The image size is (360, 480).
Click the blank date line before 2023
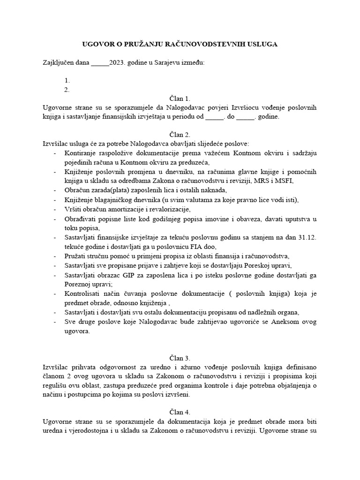coord(100,62)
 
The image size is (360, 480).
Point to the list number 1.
coord(67,80)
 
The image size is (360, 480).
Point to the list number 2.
coord(67,90)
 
